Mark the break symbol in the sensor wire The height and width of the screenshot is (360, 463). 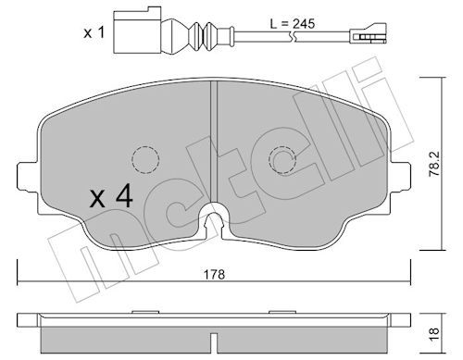pyautogui.click(x=292, y=37)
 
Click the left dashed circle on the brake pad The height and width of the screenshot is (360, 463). pyautogui.click(x=145, y=160)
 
